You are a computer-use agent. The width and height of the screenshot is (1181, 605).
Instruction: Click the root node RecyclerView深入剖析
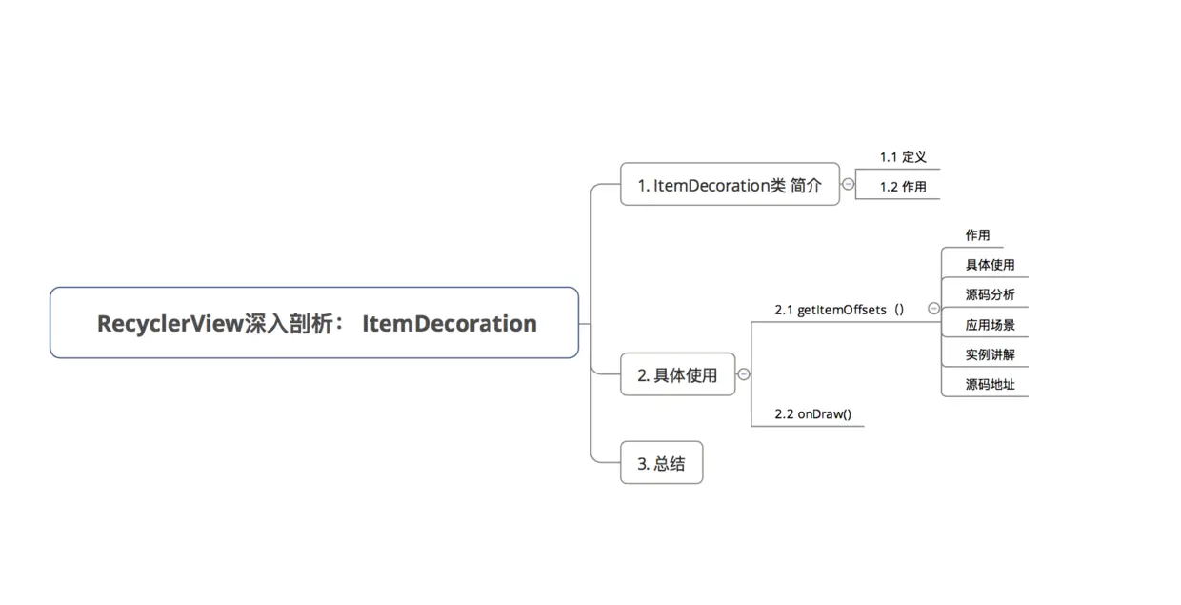(x=314, y=323)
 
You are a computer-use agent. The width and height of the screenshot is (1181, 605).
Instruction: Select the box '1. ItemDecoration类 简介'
(x=730, y=184)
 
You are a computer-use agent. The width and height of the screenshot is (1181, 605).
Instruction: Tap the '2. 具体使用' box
(x=677, y=374)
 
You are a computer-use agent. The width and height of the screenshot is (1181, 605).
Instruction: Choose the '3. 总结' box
(x=662, y=463)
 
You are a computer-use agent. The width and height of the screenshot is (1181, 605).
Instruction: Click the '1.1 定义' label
(x=903, y=157)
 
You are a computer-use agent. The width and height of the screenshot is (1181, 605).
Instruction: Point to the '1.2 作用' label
(x=903, y=187)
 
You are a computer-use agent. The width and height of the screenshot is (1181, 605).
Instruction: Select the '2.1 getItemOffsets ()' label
(x=839, y=310)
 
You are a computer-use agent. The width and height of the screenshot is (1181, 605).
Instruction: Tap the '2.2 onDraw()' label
(x=813, y=414)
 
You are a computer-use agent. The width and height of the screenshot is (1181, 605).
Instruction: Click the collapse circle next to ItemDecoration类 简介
(x=848, y=184)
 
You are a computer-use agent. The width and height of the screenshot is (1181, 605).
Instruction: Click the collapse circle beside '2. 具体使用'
(x=744, y=374)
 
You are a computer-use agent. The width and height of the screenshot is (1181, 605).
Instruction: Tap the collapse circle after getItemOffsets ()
(x=933, y=309)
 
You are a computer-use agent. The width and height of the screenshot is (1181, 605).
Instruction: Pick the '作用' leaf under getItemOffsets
(x=977, y=235)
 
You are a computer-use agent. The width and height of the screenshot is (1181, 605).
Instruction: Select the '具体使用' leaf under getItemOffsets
(x=990, y=265)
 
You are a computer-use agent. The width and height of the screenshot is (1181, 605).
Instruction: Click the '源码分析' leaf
(x=990, y=294)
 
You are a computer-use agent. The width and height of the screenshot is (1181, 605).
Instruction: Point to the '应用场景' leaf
(x=990, y=325)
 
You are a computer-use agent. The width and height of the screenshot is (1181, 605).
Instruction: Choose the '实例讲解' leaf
(x=990, y=354)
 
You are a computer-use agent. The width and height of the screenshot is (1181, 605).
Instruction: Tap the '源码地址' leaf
(x=990, y=385)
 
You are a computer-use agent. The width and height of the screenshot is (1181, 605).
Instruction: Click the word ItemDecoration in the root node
(x=450, y=323)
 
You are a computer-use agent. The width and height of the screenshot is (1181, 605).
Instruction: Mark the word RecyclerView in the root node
(x=170, y=324)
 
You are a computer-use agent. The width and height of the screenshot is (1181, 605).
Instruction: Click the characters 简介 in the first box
(x=806, y=185)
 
